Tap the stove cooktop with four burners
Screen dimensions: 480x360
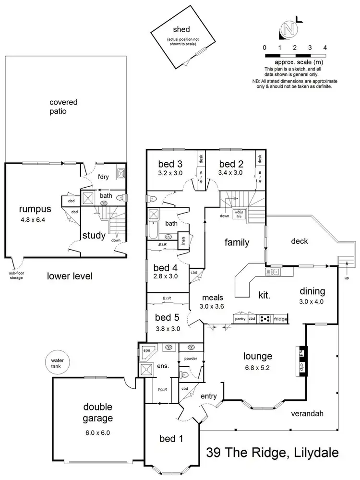pyautogui.click(x=265, y=318)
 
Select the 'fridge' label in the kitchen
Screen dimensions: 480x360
pyautogui.click(x=280, y=318)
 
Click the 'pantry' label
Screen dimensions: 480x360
pyautogui.click(x=240, y=318)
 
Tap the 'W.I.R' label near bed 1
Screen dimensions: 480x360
pyautogui.click(x=162, y=389)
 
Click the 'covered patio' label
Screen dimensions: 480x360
pyautogui.click(x=63, y=107)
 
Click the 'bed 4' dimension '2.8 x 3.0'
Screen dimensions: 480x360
pyautogui.click(x=166, y=276)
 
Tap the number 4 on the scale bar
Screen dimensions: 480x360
pyautogui.click(x=325, y=48)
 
